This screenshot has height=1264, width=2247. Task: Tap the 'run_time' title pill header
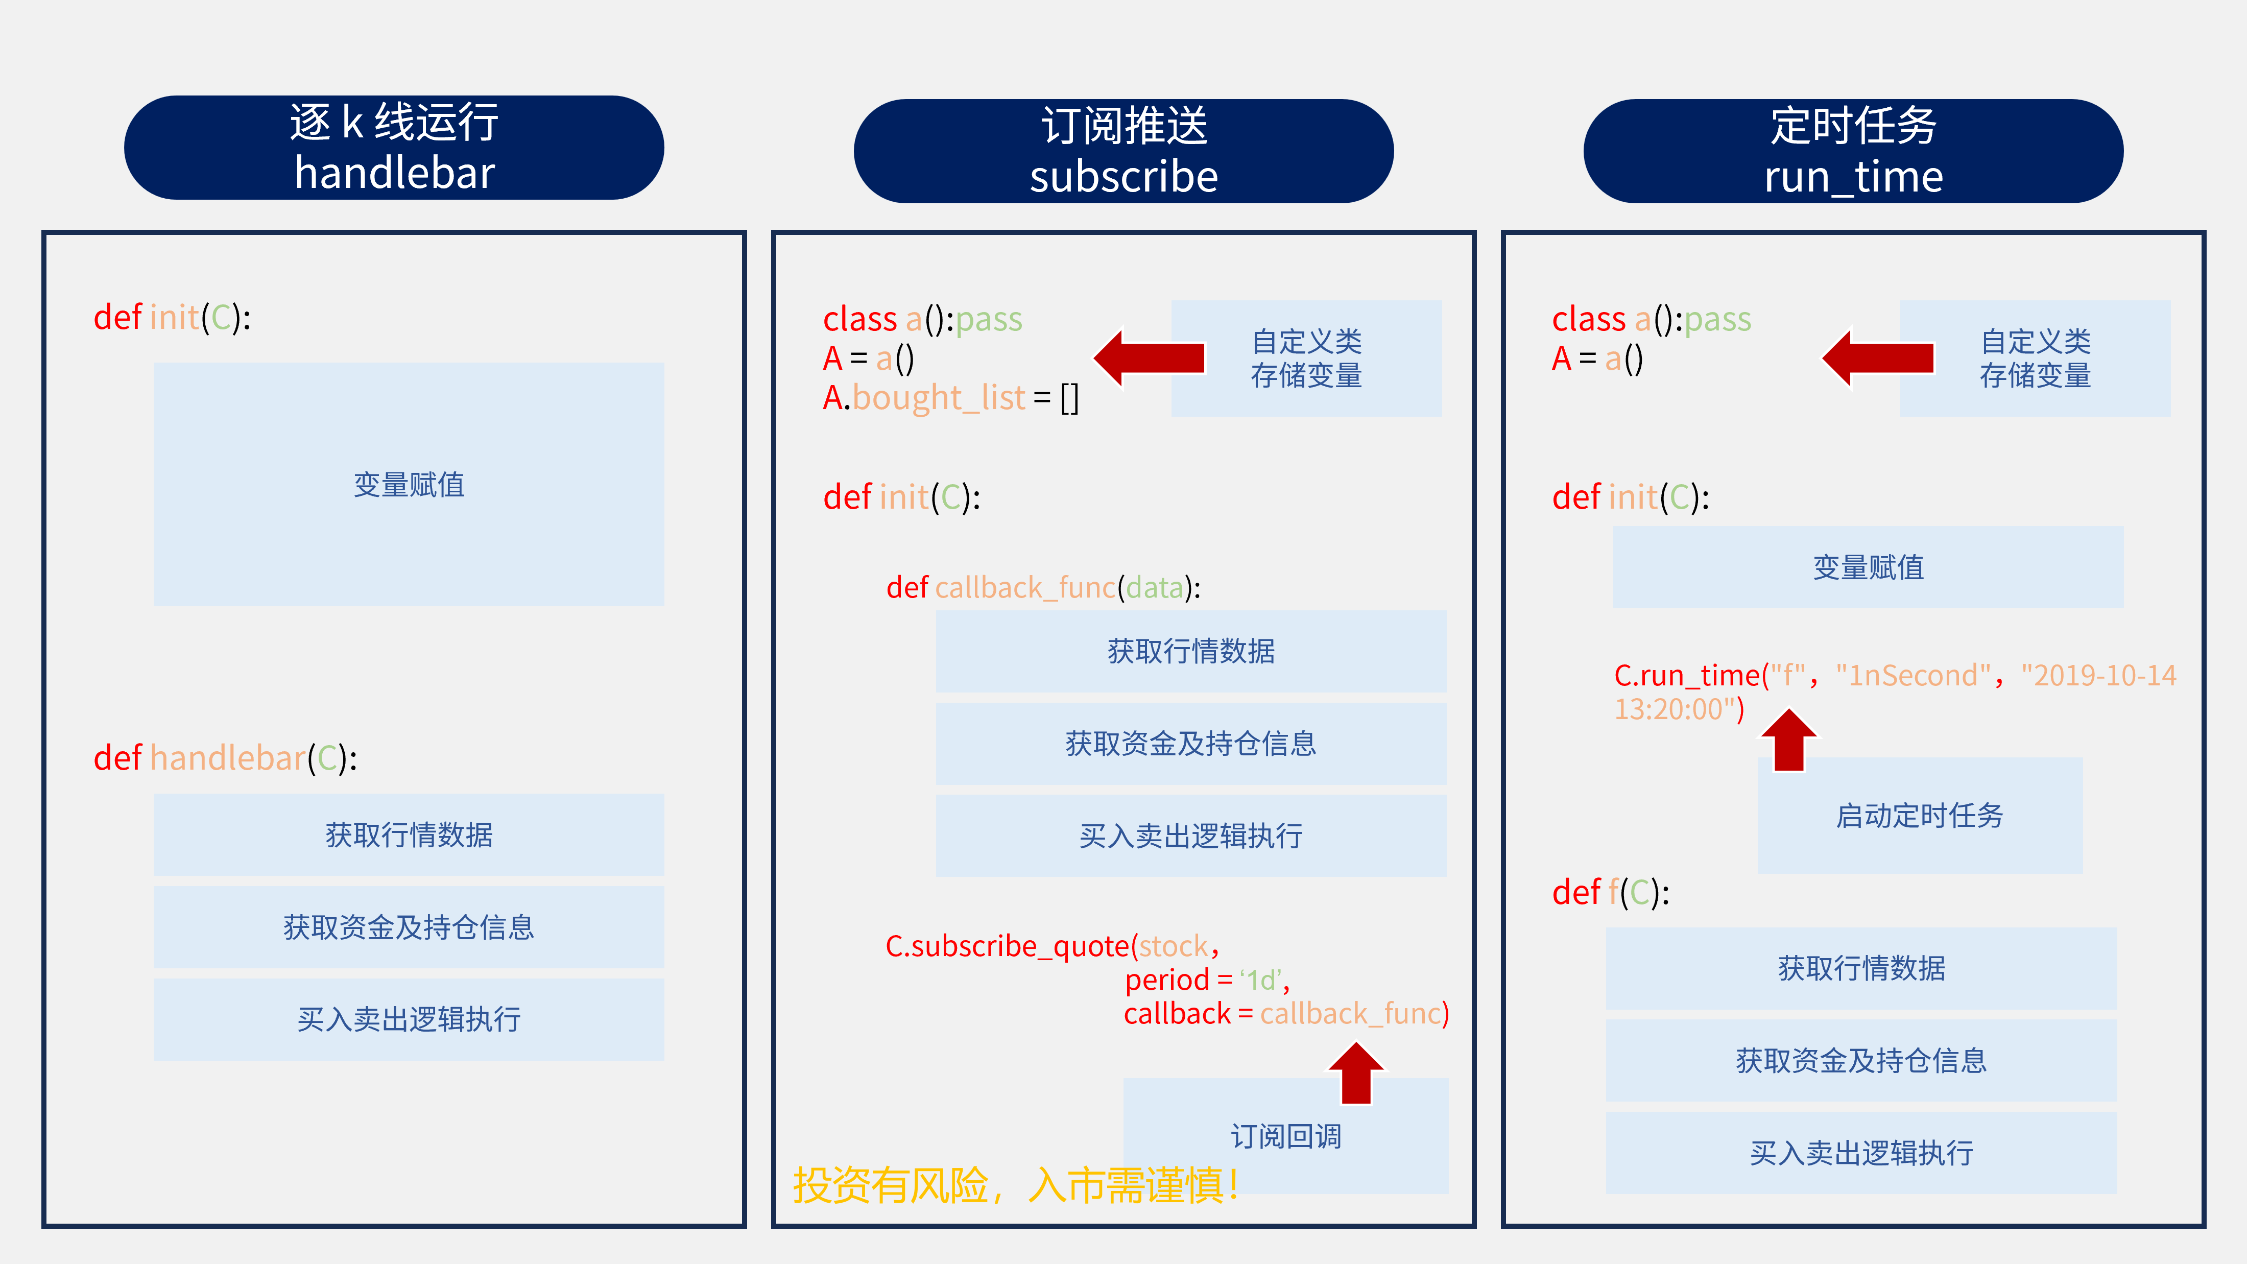tap(1853, 151)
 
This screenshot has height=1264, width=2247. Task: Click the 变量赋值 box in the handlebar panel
tap(408, 484)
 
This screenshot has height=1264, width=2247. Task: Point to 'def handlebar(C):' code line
tap(225, 758)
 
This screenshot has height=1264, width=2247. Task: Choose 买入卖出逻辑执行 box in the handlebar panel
tap(408, 1019)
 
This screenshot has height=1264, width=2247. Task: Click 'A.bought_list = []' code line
tap(951, 398)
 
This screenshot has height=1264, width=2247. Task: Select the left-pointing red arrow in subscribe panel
tap(1150, 357)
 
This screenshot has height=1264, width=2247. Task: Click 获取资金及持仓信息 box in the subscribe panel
tap(1191, 743)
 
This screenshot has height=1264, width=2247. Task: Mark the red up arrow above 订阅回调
tap(1356, 1073)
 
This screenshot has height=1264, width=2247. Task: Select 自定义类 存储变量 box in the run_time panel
tap(2035, 357)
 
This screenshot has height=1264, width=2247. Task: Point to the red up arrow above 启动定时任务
tap(1789, 740)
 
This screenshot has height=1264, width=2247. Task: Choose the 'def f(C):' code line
tap(1610, 892)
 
